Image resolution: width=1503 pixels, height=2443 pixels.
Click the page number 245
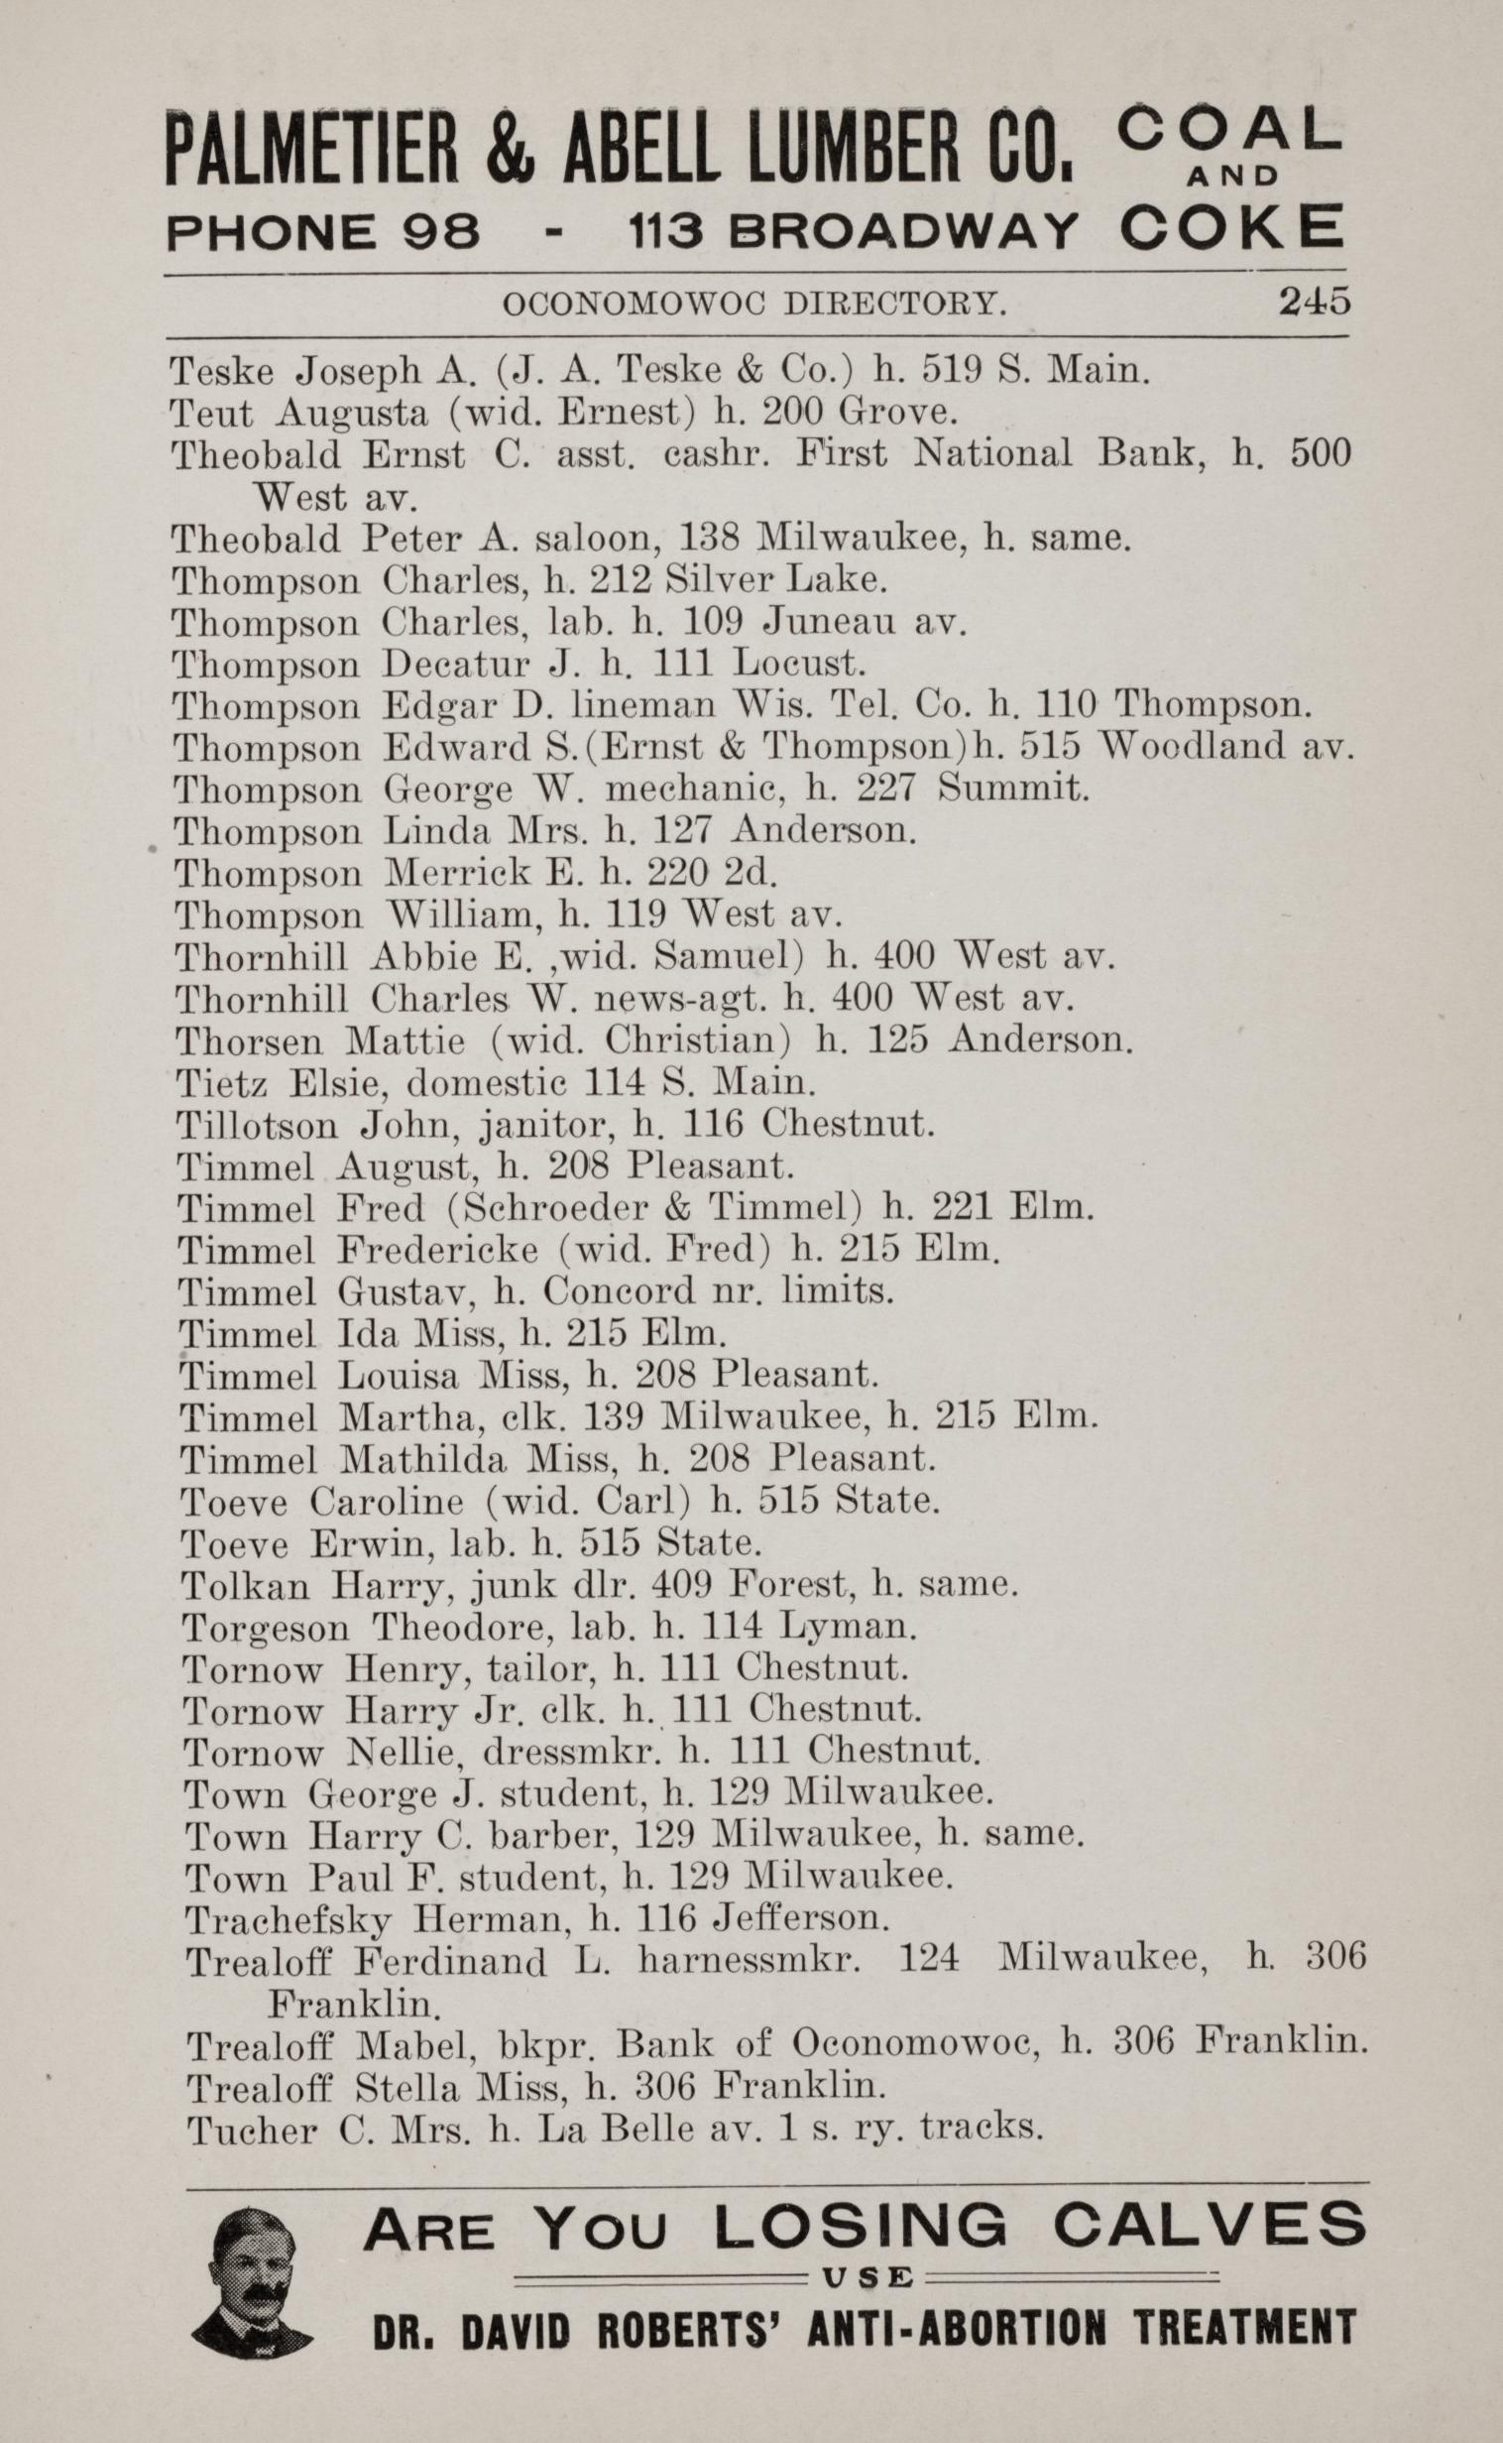click(1314, 301)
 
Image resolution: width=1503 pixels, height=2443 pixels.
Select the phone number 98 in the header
click(442, 234)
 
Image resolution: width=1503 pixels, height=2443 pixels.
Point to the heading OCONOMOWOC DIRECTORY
click(754, 304)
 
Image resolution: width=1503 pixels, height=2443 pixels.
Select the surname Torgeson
click(267, 1626)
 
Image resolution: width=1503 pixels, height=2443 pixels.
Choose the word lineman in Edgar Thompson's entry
click(644, 706)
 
